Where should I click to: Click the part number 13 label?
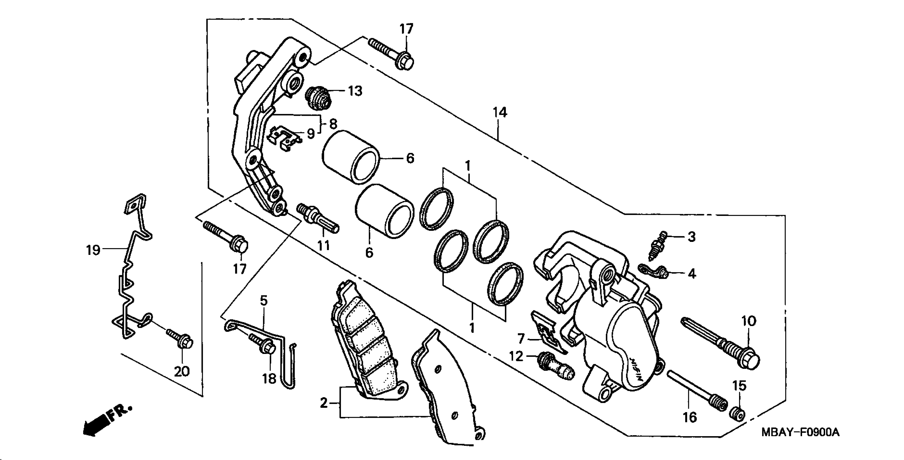(x=355, y=91)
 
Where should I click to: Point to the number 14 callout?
(x=499, y=113)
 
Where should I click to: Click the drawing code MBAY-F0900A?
(x=800, y=432)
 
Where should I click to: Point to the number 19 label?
(x=93, y=250)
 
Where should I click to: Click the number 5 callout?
(x=264, y=301)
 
